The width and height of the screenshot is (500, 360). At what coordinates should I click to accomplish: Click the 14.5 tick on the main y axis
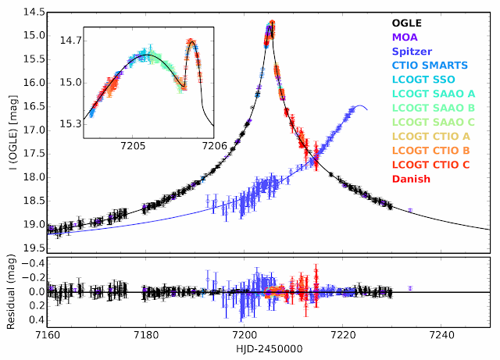point(31,13)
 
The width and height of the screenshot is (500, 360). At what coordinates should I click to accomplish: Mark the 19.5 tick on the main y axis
point(31,248)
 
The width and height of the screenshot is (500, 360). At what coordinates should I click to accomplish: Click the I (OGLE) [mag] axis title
point(10,130)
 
